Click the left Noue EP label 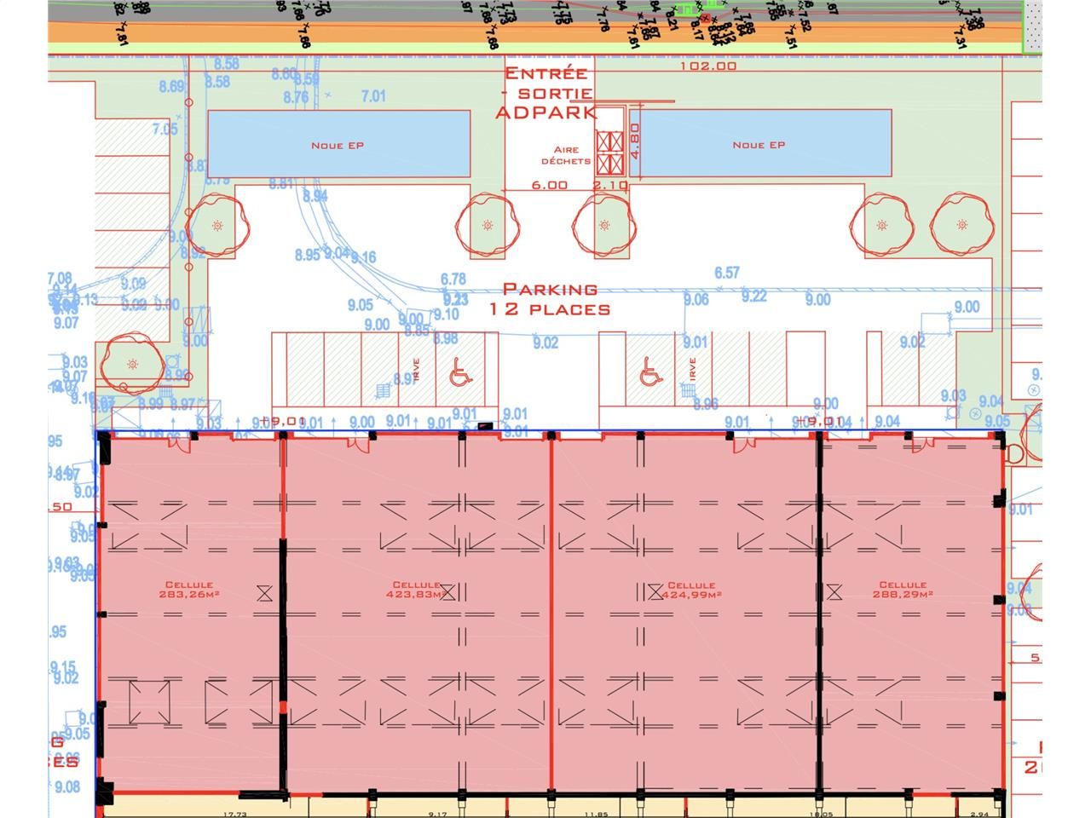(338, 146)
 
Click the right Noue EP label (759, 145)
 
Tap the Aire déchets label (566, 155)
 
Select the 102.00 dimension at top (708, 66)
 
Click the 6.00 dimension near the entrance (550, 185)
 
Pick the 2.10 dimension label (609, 185)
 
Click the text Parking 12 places (550, 299)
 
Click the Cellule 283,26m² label (190, 590)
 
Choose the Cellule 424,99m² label (691, 590)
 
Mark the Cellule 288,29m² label (903, 590)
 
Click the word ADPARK (546, 112)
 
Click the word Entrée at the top (546, 74)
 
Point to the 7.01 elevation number (373, 96)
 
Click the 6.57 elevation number (727, 273)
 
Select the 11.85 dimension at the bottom (597, 814)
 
